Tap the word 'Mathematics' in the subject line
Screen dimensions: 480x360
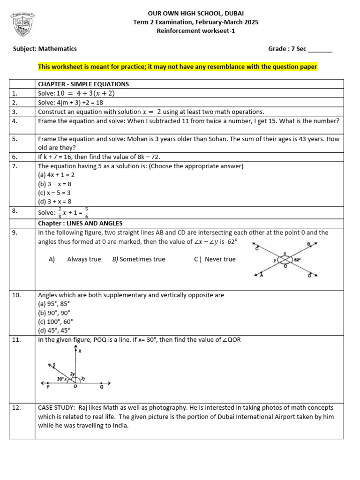(x=58, y=49)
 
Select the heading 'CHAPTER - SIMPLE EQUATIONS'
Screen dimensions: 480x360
(x=83, y=84)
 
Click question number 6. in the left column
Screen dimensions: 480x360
(x=15, y=157)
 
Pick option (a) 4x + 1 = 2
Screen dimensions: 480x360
(x=56, y=175)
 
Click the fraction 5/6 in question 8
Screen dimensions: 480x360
(x=87, y=212)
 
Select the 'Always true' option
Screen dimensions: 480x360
(x=84, y=259)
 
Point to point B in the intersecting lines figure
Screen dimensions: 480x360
(x=308, y=244)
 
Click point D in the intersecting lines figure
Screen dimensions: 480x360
(x=309, y=276)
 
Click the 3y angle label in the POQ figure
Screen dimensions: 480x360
(x=83, y=377)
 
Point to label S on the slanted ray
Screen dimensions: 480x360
(x=54, y=364)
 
